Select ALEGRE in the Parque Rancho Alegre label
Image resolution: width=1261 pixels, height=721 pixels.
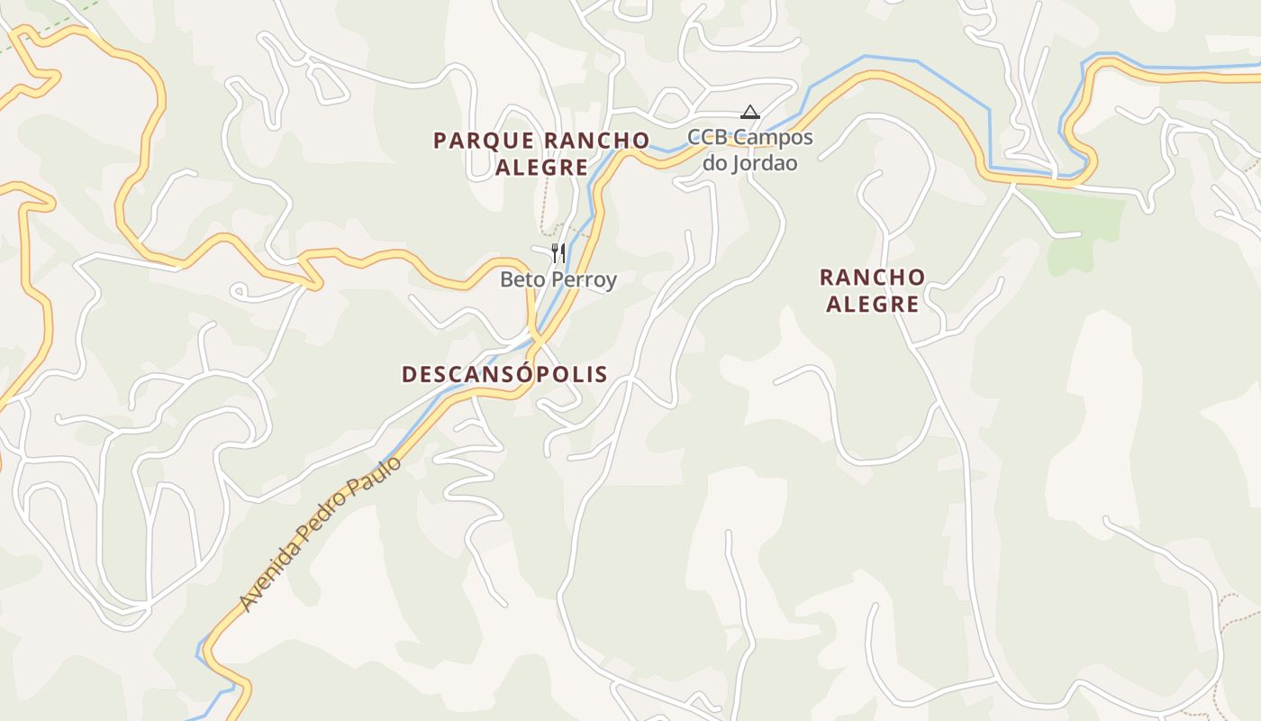[x=541, y=168]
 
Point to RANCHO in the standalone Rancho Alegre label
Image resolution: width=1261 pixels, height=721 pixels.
[x=872, y=277]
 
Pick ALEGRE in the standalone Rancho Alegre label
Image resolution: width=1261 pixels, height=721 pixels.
[x=872, y=304]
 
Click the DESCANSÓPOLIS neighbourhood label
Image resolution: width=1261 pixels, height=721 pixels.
[x=504, y=374]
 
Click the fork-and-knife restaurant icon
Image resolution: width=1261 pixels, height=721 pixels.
[x=558, y=252]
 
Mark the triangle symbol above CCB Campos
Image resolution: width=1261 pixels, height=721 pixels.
[x=749, y=113]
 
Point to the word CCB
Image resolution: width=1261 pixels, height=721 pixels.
[x=707, y=138]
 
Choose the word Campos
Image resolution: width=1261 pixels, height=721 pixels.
[x=772, y=138]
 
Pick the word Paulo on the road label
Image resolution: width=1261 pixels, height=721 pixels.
[x=379, y=478]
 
